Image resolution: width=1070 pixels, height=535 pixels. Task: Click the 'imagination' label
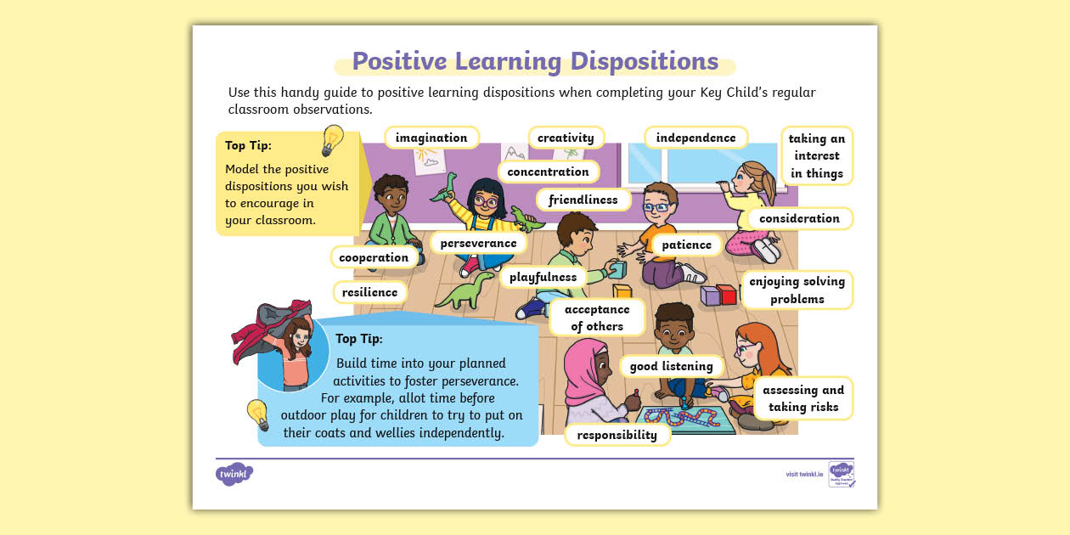[431, 138]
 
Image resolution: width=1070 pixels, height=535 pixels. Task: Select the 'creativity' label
[566, 138]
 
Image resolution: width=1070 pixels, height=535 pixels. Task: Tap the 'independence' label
[695, 138]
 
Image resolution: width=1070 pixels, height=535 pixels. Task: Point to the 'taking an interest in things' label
[816, 156]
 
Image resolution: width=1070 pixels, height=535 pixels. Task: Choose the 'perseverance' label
[478, 243]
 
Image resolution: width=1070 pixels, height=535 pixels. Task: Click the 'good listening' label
[671, 366]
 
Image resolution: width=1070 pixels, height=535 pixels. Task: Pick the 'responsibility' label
[617, 435]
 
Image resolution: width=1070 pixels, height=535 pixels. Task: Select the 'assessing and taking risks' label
[802, 398]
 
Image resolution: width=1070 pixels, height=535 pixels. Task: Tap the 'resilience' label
[369, 292]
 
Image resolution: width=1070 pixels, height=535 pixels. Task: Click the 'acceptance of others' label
[597, 318]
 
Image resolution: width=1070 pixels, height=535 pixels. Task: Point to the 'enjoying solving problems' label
[797, 290]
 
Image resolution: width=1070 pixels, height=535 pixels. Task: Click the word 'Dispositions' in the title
[644, 62]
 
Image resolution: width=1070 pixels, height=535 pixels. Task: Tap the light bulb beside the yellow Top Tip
[332, 140]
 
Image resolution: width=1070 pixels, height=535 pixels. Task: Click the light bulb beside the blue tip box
[257, 414]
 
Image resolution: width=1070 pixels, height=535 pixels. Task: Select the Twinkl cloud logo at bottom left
[234, 474]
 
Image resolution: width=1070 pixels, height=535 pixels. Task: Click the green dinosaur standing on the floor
[465, 291]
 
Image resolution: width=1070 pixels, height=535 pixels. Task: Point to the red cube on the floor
[727, 295]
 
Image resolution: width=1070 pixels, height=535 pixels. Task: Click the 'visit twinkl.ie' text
[804, 474]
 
